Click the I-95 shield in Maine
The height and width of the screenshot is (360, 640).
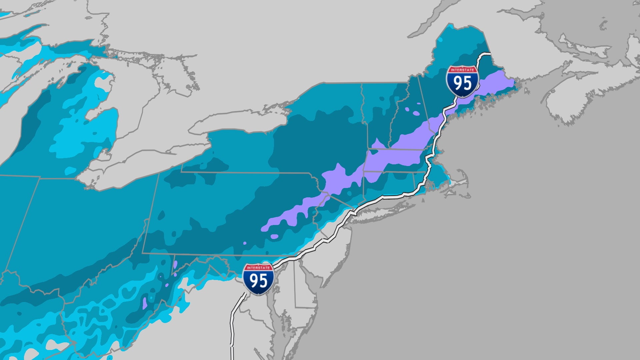pyautogui.click(x=462, y=82)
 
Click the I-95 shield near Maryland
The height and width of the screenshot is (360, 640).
pyautogui.click(x=258, y=279)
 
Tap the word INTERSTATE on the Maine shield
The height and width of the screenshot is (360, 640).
pyautogui.click(x=462, y=70)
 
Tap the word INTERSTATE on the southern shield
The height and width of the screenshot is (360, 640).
pyautogui.click(x=258, y=268)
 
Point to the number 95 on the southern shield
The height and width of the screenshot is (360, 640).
pyautogui.click(x=258, y=282)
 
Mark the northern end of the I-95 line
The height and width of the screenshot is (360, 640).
pyautogui.click(x=489, y=54)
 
